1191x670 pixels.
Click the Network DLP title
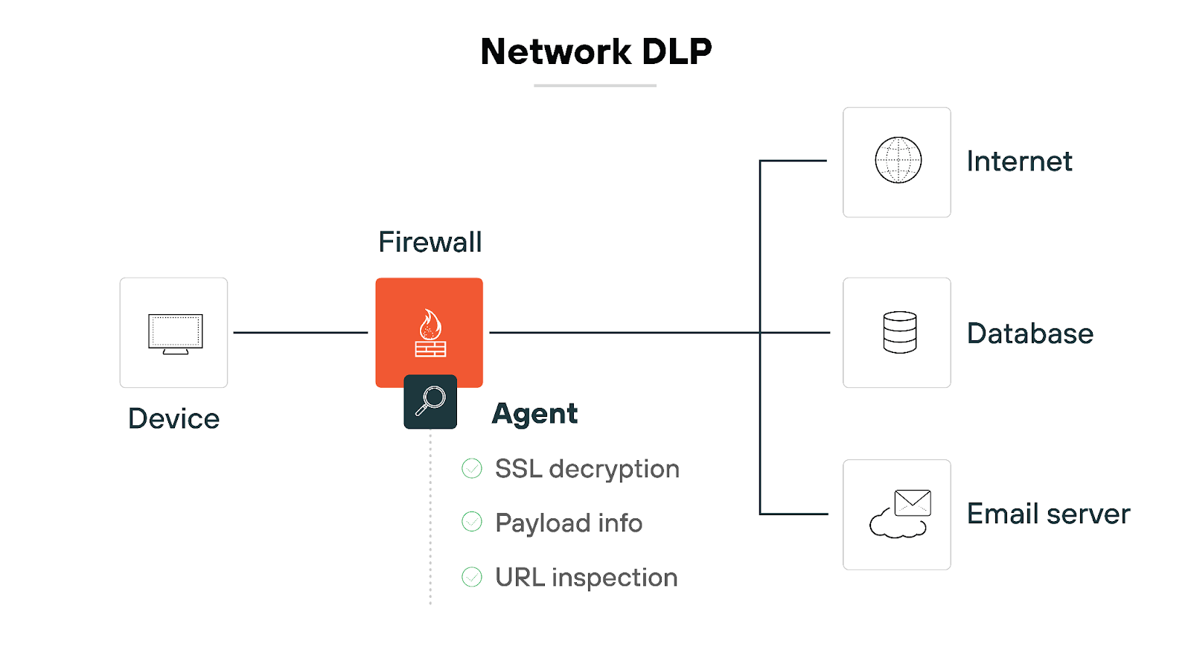595,51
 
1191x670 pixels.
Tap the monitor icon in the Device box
175,333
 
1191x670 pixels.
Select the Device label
173,418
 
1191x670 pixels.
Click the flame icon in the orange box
430,325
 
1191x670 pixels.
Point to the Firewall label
430,242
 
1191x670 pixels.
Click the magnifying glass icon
430,401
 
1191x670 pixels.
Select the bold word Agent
534,414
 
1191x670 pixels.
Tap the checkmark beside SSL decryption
472,468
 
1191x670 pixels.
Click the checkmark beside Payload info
472,522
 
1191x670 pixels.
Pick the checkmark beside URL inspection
472,577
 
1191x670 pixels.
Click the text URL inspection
586,578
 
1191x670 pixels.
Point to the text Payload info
568,523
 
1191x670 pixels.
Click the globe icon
898,160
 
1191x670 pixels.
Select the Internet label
1019,162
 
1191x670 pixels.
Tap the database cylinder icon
899,332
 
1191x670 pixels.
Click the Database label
1029,334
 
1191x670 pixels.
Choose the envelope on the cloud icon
912,503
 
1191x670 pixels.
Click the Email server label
1048,514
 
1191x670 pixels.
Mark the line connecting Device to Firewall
301,333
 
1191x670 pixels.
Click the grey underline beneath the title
595,86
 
